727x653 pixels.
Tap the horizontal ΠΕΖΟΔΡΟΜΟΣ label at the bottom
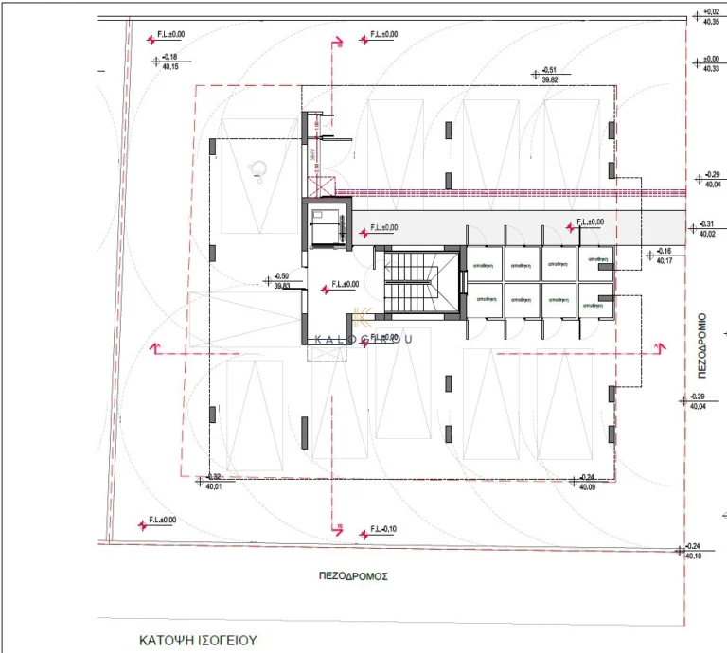pos(354,575)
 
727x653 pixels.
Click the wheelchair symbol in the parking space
pos(256,168)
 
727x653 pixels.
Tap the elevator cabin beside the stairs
pos(325,228)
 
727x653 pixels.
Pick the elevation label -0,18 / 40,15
pos(170,62)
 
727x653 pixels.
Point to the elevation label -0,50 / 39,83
pos(281,280)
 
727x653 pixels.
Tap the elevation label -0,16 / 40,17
pos(663,256)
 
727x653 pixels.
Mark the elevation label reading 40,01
pos(214,482)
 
